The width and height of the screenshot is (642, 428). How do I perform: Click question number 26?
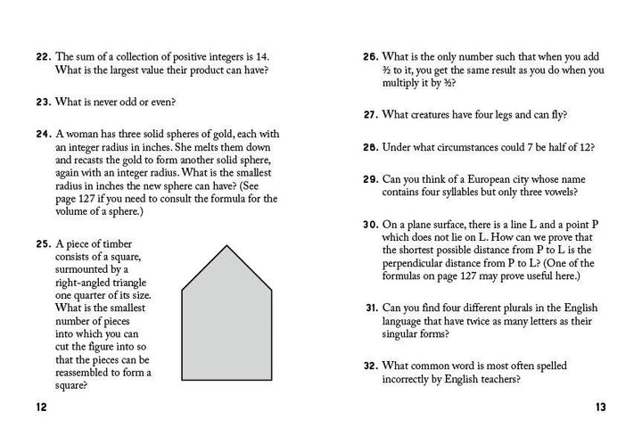click(371, 56)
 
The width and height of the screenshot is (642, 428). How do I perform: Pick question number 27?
click(371, 115)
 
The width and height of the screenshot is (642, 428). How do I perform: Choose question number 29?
click(371, 179)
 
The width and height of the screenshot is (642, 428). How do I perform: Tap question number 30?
click(371, 225)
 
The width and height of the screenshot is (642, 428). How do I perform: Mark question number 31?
click(372, 308)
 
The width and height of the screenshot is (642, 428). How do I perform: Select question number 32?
click(371, 366)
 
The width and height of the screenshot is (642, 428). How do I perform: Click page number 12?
click(42, 407)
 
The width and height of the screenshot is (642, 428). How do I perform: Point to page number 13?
click(600, 407)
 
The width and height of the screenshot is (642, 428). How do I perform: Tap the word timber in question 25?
click(111, 243)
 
